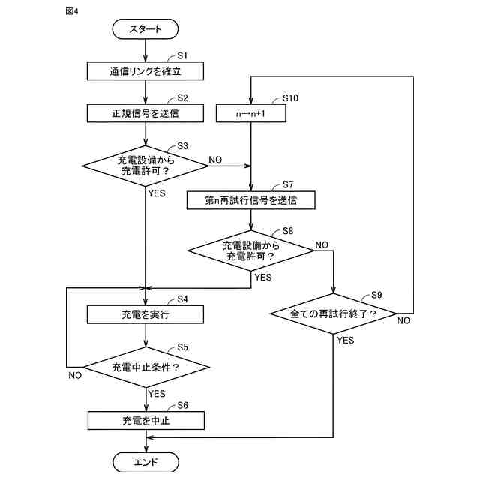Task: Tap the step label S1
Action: (182, 55)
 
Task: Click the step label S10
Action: (290, 98)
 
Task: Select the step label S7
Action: (288, 184)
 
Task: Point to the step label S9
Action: (376, 295)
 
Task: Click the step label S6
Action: (182, 405)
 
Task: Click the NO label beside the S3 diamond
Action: (215, 160)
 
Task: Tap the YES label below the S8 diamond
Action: (263, 277)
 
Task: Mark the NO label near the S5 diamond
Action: (75, 375)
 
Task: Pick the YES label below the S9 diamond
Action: (346, 340)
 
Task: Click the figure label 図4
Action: (72, 11)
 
